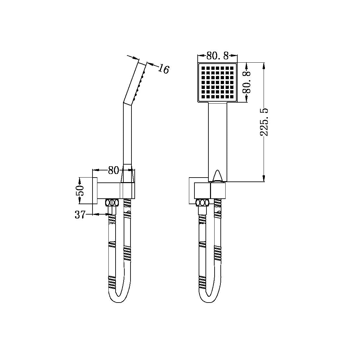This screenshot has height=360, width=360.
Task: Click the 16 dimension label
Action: (x=165, y=69)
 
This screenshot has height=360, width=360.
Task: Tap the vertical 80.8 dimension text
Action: (x=247, y=82)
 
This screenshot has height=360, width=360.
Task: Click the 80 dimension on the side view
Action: (x=113, y=170)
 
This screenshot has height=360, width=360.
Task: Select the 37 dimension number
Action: (x=80, y=215)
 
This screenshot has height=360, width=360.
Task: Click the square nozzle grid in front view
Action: (x=217, y=82)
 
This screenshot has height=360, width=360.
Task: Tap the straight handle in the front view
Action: (x=217, y=136)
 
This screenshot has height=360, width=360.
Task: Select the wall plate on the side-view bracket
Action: (x=95, y=191)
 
